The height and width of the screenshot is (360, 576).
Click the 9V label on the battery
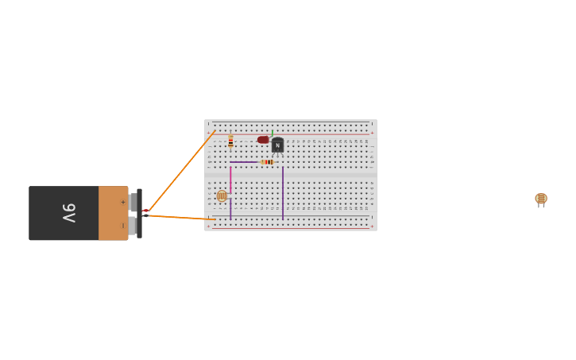70,213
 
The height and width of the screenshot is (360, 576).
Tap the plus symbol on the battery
122,202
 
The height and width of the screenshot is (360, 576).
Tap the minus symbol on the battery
122,226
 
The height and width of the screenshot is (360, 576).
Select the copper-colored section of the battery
112,213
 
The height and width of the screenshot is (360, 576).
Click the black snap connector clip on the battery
139,213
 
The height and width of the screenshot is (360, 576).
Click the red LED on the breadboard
263,140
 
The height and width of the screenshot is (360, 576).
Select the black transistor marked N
277,145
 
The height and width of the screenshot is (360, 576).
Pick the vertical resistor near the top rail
230,141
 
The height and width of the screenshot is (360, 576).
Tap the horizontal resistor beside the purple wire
268,162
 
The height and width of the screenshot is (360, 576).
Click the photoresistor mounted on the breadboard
222,195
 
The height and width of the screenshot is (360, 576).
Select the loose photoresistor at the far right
541,199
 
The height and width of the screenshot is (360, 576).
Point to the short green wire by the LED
272,134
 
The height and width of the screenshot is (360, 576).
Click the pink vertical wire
230,179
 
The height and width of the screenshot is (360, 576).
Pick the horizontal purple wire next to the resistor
244,162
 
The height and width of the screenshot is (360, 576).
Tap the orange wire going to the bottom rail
181,217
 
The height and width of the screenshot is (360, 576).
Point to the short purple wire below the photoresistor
230,210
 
